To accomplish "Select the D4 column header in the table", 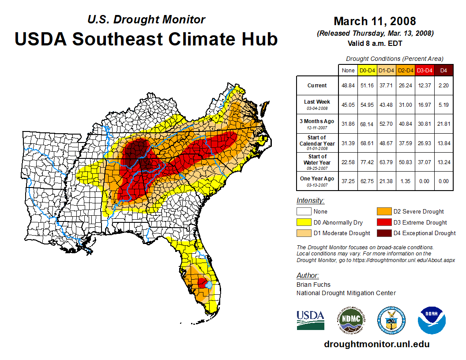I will click(443, 70).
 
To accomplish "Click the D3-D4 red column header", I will click(425, 70).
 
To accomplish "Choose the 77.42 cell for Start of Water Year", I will click(367, 161).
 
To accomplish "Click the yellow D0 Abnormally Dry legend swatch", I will click(304, 222).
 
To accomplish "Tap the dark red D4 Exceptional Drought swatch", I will click(383, 233).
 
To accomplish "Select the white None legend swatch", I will click(304, 212).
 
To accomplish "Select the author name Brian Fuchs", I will click(313, 285).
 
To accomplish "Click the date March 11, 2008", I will click(375, 21).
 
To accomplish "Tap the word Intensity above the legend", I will click(310, 200).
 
